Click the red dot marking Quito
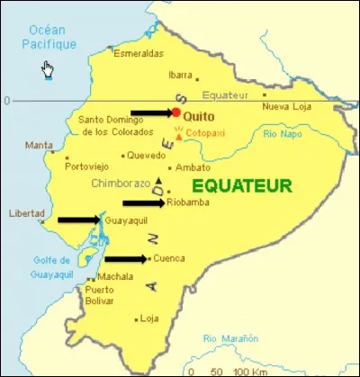[x=175, y=113]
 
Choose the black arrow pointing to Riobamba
[x=142, y=204]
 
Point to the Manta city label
[x=39, y=146]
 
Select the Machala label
[x=114, y=276]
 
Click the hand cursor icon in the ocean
[x=47, y=70]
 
